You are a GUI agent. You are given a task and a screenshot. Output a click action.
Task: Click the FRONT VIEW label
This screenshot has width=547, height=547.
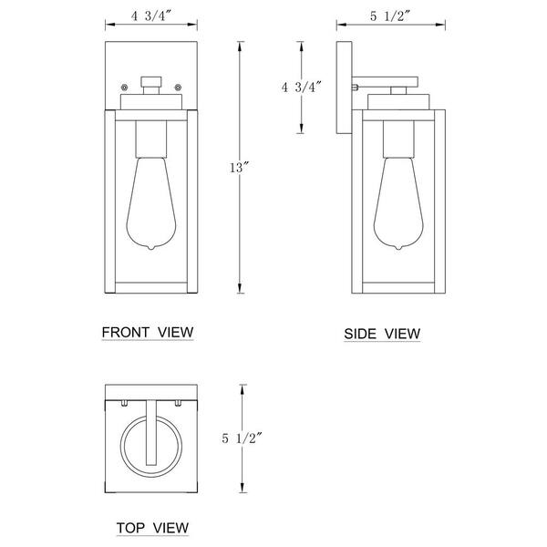[x=148, y=331]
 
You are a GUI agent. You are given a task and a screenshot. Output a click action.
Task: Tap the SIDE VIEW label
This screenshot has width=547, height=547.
[x=382, y=335]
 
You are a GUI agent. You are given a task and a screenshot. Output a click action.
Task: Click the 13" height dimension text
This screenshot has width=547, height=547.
[x=240, y=167]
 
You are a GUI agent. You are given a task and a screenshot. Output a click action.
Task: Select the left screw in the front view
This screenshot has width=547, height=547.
[x=125, y=88]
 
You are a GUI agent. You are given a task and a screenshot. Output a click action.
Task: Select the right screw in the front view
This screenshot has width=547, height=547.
[x=180, y=88]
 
